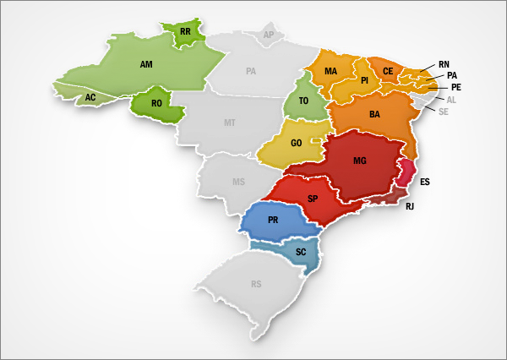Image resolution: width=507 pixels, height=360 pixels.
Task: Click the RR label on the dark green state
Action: (x=185, y=34)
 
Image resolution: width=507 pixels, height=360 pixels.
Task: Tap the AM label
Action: (x=145, y=63)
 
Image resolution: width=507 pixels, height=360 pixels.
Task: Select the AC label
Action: (x=90, y=98)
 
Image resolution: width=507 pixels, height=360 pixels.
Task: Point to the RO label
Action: (x=156, y=104)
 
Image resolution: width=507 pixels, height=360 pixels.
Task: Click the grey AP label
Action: (x=270, y=35)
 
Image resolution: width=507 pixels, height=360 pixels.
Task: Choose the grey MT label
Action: (x=229, y=123)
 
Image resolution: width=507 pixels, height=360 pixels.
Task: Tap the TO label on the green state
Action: (x=303, y=101)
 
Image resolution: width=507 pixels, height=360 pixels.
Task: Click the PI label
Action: (x=364, y=81)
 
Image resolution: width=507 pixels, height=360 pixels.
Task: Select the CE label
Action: (x=388, y=71)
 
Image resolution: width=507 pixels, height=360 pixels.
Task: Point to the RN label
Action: (x=444, y=64)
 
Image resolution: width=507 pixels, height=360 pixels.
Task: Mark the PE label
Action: (x=455, y=87)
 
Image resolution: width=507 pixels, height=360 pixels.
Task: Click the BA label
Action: (x=374, y=114)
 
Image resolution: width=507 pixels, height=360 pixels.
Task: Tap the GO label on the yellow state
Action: (x=296, y=144)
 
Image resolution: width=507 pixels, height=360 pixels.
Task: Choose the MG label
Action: (x=360, y=161)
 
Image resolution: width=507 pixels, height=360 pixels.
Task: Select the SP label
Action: (x=313, y=199)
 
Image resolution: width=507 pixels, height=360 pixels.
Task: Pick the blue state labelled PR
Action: (x=273, y=221)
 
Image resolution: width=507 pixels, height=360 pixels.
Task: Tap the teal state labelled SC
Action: (x=301, y=252)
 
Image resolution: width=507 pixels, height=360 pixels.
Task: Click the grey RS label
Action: (x=255, y=284)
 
